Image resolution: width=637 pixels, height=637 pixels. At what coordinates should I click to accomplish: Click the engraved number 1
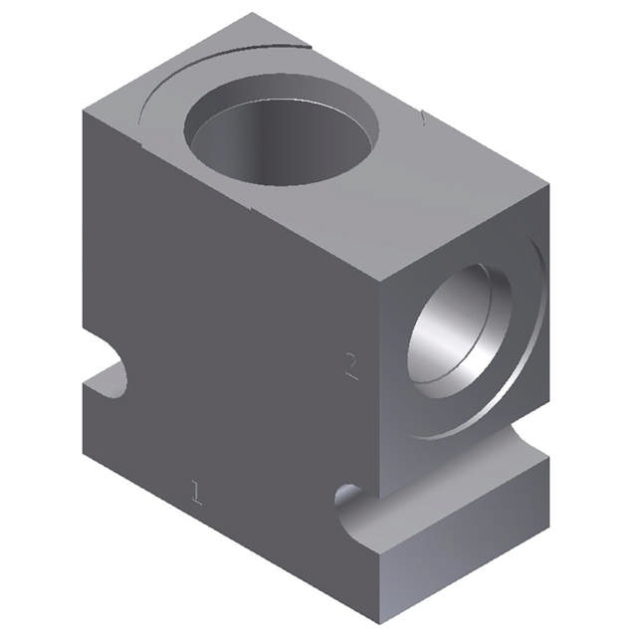pyautogui.click(x=197, y=491)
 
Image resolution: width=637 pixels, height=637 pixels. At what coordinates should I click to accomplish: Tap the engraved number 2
pyautogui.click(x=350, y=366)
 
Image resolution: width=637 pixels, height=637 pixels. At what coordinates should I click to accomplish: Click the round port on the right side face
pyautogui.click(x=460, y=328)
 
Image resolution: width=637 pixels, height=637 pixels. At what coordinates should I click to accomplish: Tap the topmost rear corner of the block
pyautogui.click(x=253, y=14)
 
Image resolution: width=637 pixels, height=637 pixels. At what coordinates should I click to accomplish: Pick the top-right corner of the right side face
pyautogui.click(x=548, y=184)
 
